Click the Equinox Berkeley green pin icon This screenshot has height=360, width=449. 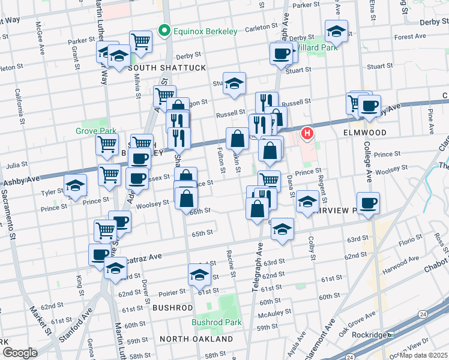point(163,30)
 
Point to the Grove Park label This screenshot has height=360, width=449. point(91,131)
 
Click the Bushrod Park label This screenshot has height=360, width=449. point(216,322)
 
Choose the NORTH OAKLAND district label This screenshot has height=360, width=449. point(196,339)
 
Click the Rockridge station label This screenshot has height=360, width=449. point(369,334)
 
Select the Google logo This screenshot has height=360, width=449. point(20,353)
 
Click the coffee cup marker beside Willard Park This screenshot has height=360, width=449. point(281,55)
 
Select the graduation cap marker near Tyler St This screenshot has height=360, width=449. point(75,186)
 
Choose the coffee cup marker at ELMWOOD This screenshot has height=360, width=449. point(369,107)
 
